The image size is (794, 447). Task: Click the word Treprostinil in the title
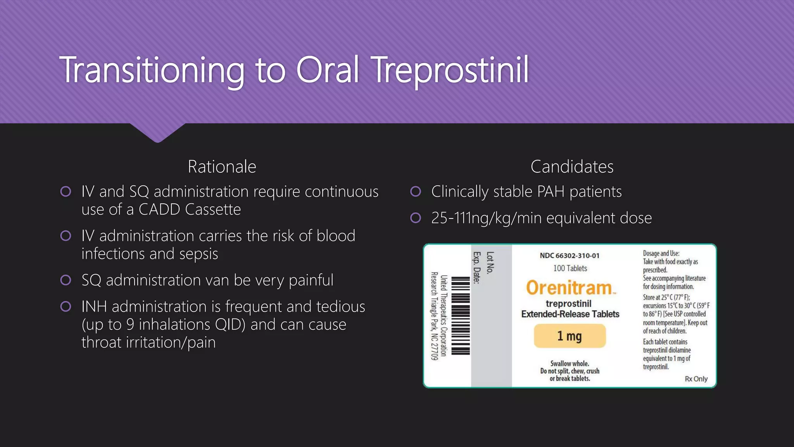click(x=450, y=70)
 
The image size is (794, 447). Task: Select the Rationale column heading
click(x=222, y=167)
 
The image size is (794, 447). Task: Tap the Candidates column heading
click(x=572, y=167)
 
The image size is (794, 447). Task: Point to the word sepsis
click(x=198, y=254)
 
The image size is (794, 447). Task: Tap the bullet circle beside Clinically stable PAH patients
click(x=416, y=192)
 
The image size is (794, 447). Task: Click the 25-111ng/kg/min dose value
click(x=487, y=218)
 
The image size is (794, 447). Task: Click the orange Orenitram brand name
click(x=569, y=288)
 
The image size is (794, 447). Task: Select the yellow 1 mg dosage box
click(x=569, y=336)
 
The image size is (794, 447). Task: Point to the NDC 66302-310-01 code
click(x=569, y=256)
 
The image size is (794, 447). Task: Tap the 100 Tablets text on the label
click(x=570, y=268)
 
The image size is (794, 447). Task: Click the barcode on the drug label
click(x=461, y=315)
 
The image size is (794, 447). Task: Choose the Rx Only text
click(x=696, y=379)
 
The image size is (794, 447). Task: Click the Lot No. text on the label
click(x=490, y=263)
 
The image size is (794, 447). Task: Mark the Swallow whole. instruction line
click(x=570, y=364)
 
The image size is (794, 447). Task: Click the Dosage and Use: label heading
click(x=661, y=253)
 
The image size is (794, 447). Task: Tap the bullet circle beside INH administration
click(x=66, y=307)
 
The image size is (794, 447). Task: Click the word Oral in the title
click(x=328, y=70)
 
